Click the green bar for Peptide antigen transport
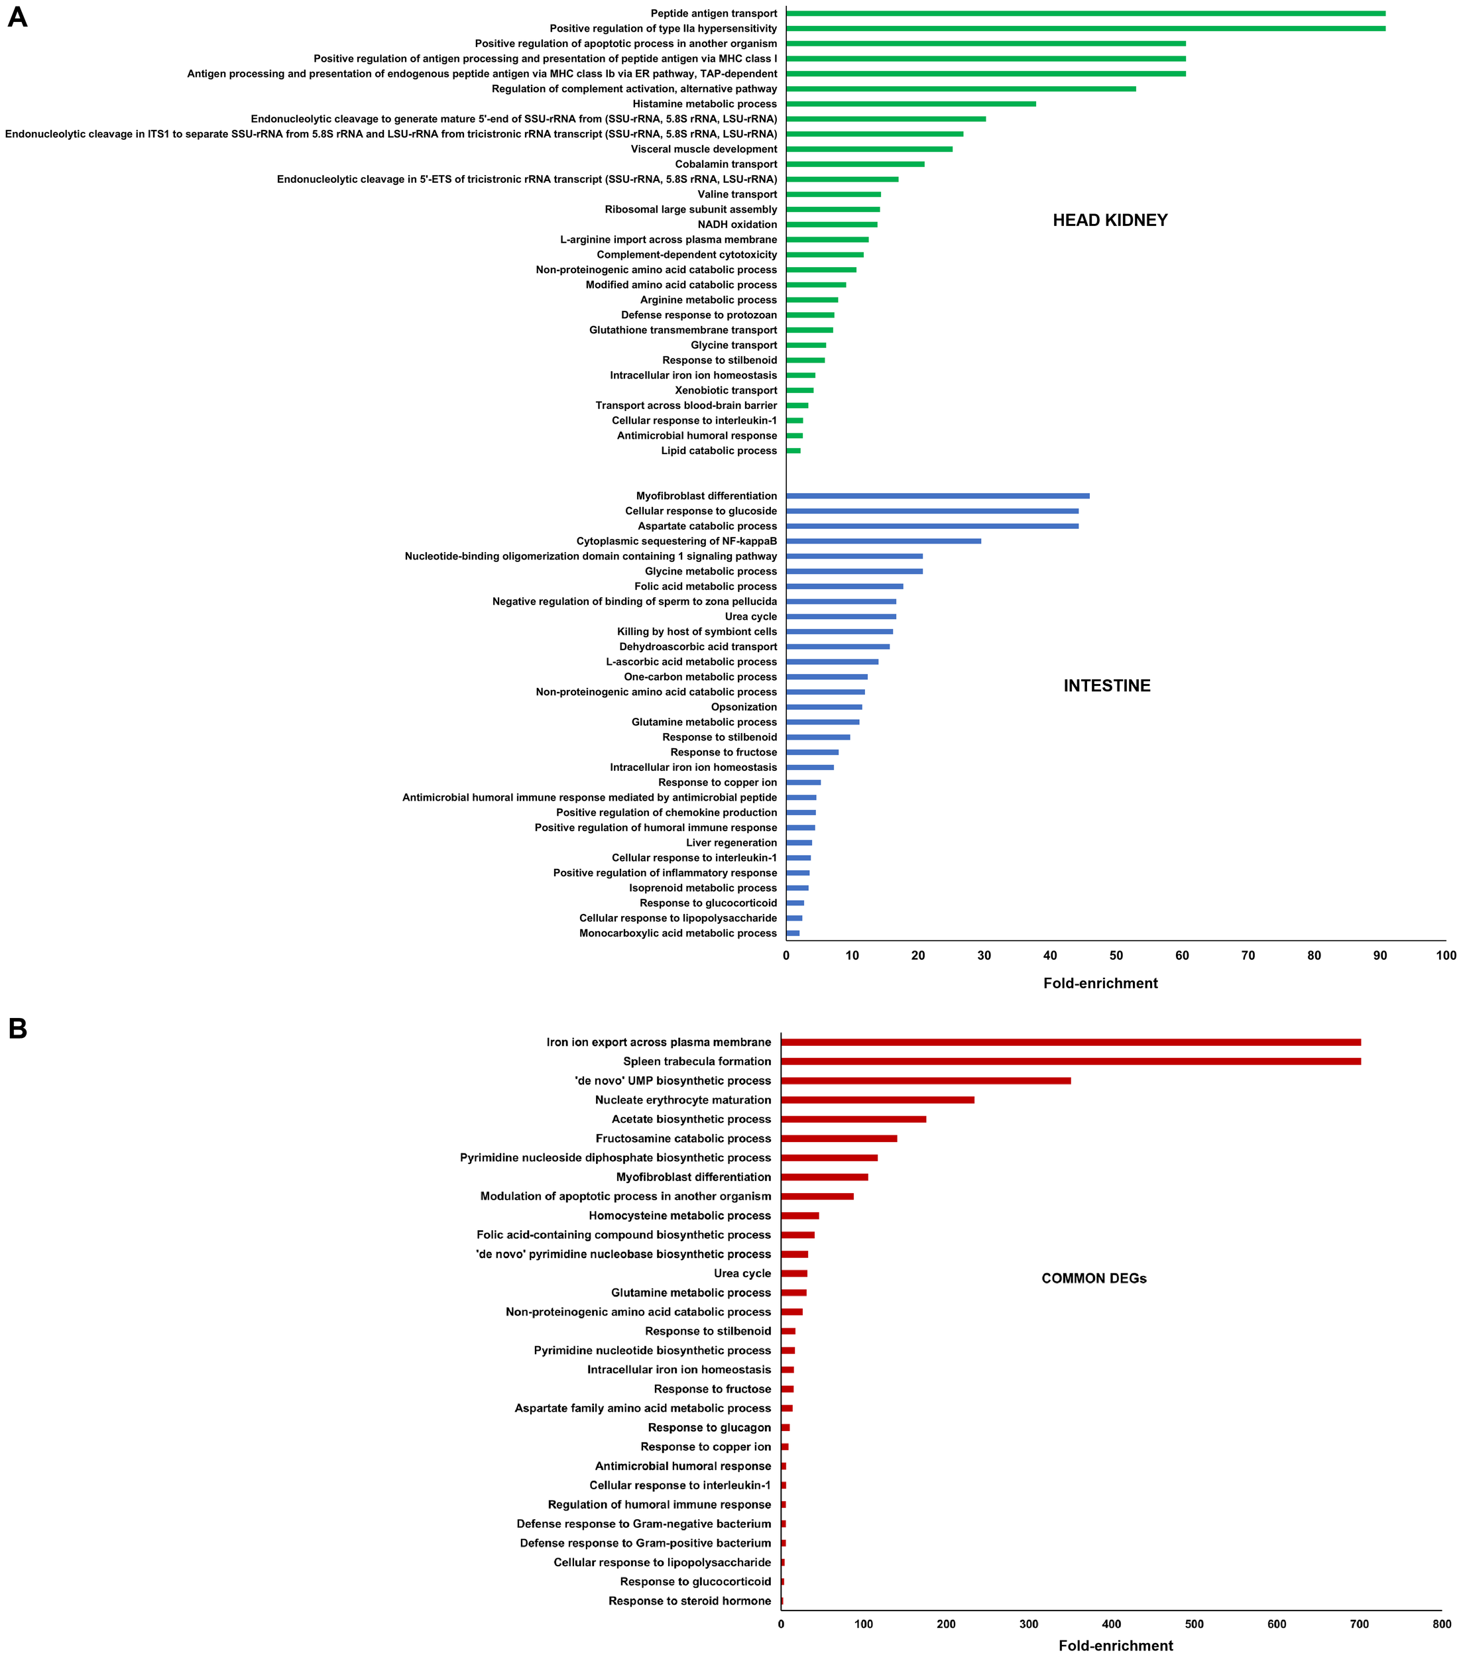click(1085, 14)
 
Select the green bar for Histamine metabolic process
click(911, 104)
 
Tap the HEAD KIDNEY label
click(1110, 221)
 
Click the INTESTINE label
click(1106, 686)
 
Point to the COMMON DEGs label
click(1093, 1279)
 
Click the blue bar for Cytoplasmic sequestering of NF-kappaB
click(883, 541)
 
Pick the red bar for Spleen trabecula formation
click(1071, 1061)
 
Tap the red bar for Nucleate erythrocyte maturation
click(878, 1100)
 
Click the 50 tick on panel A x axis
click(1116, 956)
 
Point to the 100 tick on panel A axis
click(1445, 956)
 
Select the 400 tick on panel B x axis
click(1111, 1624)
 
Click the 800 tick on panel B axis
click(1441, 1624)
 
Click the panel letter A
click(17, 18)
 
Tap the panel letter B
click(17, 1029)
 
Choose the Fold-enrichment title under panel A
click(1100, 984)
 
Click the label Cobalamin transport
click(726, 164)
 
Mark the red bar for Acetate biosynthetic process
click(853, 1119)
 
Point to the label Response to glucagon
click(709, 1428)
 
